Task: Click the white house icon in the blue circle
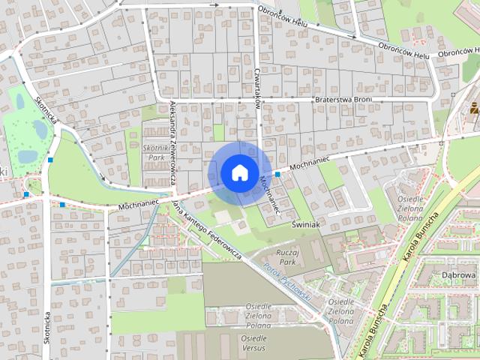[239, 172]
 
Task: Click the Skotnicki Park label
[157, 154]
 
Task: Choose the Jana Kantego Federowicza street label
[207, 229]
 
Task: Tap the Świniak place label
[307, 223]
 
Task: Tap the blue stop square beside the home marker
[277, 174]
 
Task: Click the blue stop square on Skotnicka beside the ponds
[50, 159]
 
